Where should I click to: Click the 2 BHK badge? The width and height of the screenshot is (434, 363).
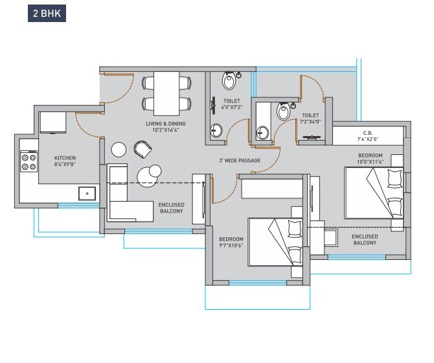click(46, 13)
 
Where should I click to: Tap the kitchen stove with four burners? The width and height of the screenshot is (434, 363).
click(29, 161)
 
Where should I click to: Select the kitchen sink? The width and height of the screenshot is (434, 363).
click(87, 193)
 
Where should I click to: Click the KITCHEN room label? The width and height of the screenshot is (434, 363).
click(65, 158)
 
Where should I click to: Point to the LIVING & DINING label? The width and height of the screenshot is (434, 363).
click(166, 123)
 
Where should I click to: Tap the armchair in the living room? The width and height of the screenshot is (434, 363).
click(142, 149)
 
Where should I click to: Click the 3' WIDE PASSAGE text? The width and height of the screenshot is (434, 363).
click(240, 161)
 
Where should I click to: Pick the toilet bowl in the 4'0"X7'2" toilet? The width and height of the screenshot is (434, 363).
click(229, 81)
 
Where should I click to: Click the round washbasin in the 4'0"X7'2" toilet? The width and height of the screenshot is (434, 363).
click(216, 132)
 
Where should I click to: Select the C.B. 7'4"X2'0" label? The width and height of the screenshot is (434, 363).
click(367, 135)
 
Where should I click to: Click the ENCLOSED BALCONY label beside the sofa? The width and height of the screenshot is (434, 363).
click(171, 208)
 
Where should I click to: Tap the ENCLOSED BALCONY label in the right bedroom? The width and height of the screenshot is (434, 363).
click(365, 240)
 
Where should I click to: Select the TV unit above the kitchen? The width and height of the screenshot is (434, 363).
click(53, 123)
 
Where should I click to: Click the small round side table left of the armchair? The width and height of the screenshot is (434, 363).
click(119, 150)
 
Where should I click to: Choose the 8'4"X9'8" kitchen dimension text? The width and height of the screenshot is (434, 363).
click(65, 165)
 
